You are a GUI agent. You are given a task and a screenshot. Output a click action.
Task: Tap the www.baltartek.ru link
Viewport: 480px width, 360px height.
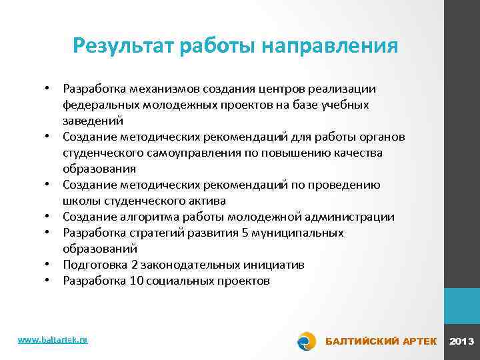coord(53,339)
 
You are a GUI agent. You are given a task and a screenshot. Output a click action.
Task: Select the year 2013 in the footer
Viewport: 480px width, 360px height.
coord(462,341)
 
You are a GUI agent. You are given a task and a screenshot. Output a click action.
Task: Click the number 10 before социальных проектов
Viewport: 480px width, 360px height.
coord(135,281)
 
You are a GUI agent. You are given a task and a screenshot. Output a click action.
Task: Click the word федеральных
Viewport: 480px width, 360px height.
coord(99,105)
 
